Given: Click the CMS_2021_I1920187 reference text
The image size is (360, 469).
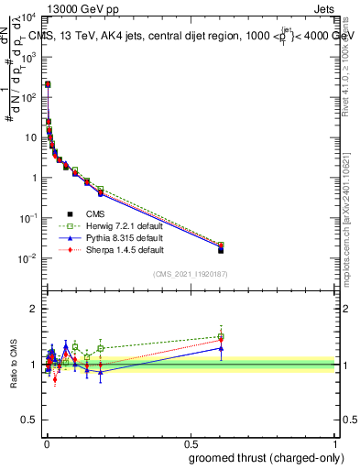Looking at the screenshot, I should point(190,273).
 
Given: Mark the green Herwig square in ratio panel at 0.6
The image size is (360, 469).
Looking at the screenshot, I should point(221,336).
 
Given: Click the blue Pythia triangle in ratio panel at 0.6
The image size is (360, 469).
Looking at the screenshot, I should point(221,348).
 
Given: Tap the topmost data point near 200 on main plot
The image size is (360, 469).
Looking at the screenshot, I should point(48,84).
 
